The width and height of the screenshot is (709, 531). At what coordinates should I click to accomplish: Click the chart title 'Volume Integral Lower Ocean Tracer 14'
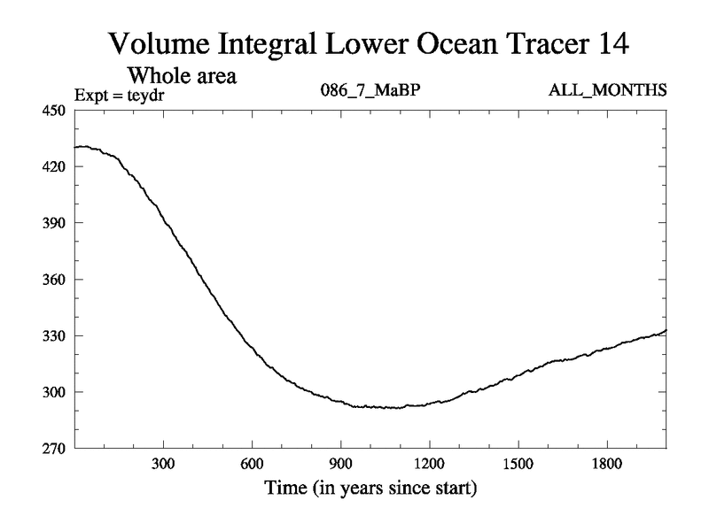pyautogui.click(x=370, y=42)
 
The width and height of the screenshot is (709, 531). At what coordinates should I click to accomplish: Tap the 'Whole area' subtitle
pyautogui.click(x=188, y=75)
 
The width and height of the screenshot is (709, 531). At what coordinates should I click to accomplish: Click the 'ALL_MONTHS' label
pyautogui.click(x=609, y=90)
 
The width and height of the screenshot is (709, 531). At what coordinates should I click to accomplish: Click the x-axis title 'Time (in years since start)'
pyautogui.click(x=370, y=488)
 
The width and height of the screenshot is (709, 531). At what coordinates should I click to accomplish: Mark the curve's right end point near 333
pyautogui.click(x=665, y=330)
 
